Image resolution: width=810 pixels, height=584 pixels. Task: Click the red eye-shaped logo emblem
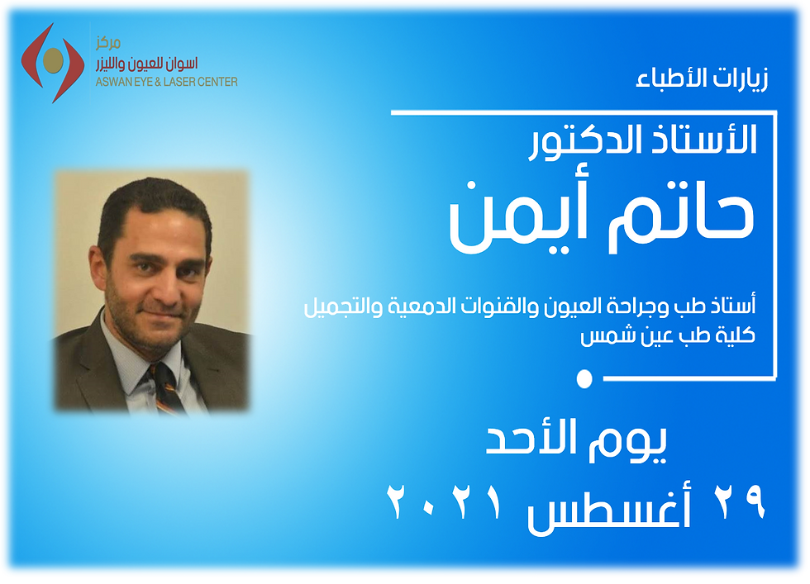pyautogui.click(x=52, y=63)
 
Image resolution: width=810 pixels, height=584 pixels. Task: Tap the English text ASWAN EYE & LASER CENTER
pyautogui.click(x=166, y=82)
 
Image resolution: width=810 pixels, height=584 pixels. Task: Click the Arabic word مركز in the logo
pyautogui.click(x=108, y=43)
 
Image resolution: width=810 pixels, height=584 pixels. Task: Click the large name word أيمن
pyautogui.click(x=517, y=217)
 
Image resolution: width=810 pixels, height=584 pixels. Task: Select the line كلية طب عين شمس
pyautogui.click(x=668, y=335)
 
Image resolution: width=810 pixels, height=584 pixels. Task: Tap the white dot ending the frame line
pyautogui.click(x=584, y=378)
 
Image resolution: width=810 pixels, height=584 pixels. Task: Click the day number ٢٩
pyautogui.click(x=740, y=501)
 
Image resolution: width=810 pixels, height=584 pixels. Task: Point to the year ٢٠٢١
pyautogui.click(x=445, y=501)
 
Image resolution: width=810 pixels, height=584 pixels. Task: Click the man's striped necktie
pyautogui.click(x=164, y=387)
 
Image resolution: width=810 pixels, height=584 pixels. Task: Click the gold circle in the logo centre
pyautogui.click(x=53, y=60)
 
